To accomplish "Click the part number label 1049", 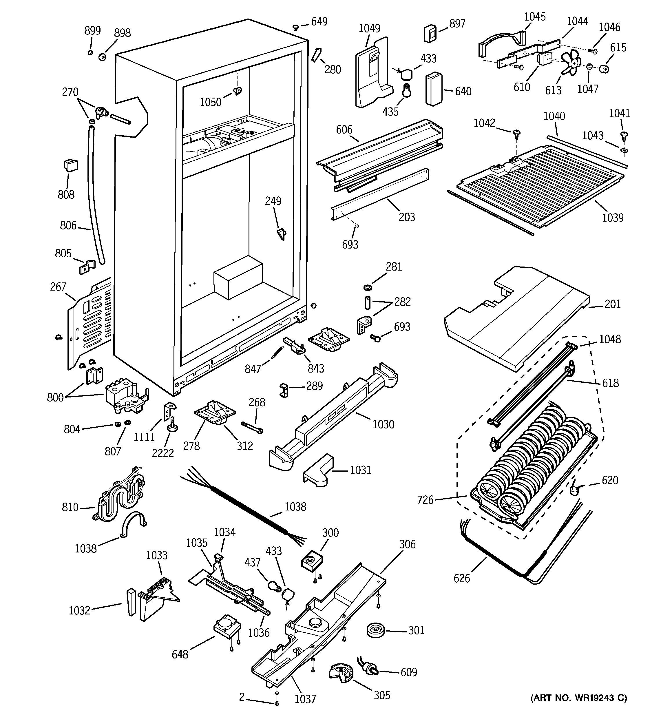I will [369, 28].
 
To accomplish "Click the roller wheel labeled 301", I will [375, 630].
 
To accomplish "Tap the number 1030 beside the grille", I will [383, 424].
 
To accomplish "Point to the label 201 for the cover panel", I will [613, 304].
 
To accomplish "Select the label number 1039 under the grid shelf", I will [613, 218].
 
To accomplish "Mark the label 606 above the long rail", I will [344, 129].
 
